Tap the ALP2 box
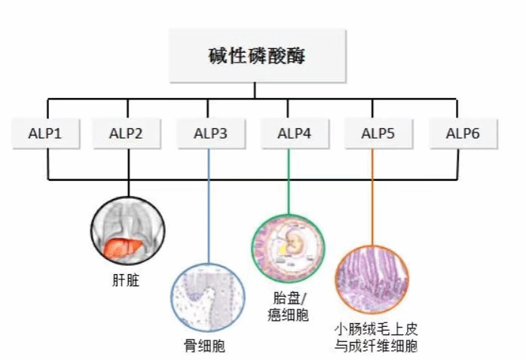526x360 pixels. [x=126, y=134]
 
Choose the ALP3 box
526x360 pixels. [x=209, y=134]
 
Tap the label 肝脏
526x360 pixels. [x=126, y=283]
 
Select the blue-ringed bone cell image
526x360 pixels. [x=209, y=295]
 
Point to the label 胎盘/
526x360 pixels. [x=288, y=298]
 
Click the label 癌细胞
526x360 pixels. [x=288, y=315]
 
